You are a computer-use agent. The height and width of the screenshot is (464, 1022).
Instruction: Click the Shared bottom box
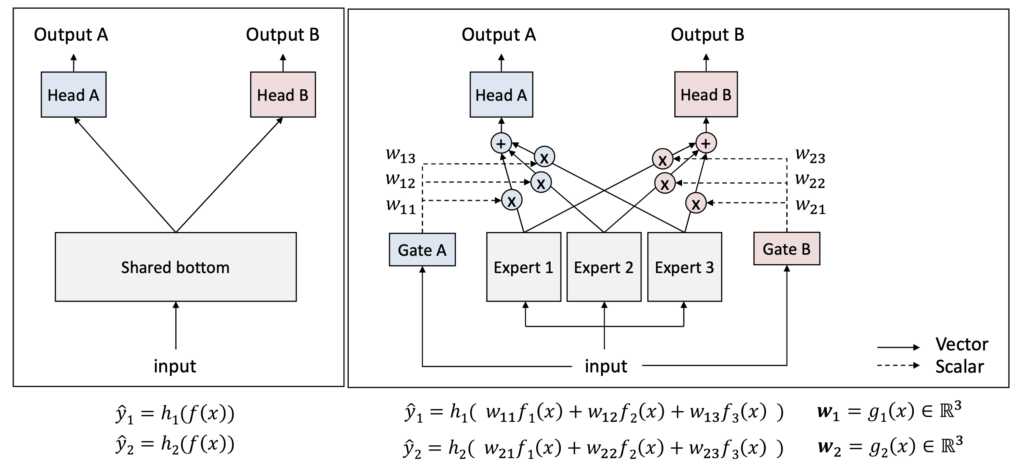pos(175,267)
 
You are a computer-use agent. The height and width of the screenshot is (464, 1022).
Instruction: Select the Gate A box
pos(422,250)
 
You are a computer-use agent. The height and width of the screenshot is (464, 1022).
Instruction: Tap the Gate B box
pos(786,249)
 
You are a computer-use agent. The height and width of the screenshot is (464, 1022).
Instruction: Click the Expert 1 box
pos(523,267)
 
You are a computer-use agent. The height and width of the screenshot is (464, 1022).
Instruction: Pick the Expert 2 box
pos(603,267)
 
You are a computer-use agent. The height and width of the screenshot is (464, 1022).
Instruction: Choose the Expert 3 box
pos(684,267)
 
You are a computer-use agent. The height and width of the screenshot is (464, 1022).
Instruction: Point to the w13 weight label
pos(400,155)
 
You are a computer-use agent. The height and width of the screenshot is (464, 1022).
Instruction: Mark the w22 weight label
pos(810,180)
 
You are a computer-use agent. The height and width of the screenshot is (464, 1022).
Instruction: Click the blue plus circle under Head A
pos(501,143)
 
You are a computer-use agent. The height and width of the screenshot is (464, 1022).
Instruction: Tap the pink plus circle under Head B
pos(706,143)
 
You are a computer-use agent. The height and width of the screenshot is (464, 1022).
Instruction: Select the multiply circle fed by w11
pos(511,200)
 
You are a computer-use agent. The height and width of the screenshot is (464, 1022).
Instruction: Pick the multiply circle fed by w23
pos(662,159)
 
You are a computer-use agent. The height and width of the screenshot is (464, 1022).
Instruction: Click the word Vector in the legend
pos(962,344)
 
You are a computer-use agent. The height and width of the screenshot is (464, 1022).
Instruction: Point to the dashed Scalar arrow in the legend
pos(898,365)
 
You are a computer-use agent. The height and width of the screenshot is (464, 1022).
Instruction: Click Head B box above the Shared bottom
pos(282,95)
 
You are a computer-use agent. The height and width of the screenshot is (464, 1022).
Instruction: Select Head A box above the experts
pos(501,95)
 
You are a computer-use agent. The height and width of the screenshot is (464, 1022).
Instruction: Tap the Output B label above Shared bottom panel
pos(282,34)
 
